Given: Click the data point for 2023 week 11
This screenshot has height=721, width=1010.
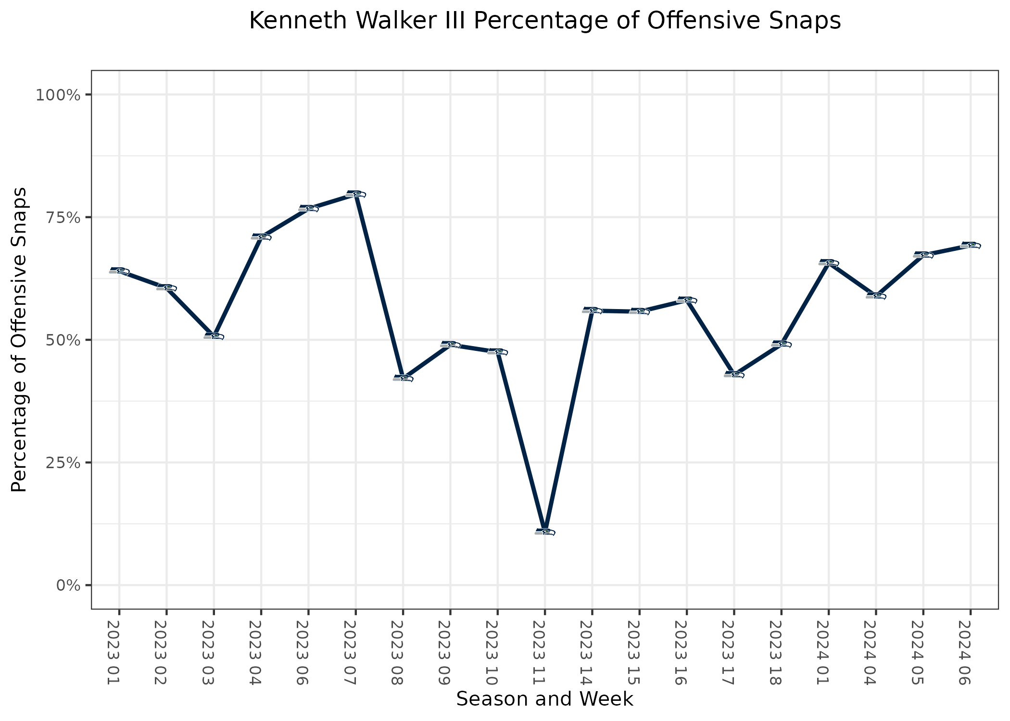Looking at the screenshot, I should pos(544,532).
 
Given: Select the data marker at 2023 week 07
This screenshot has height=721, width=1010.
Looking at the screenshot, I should pos(355,194).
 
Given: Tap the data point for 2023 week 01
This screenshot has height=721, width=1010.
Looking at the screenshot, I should pos(119,271).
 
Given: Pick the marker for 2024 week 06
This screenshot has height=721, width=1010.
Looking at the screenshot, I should pos(970,245).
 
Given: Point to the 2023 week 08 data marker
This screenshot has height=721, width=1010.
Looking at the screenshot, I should pos(403,378).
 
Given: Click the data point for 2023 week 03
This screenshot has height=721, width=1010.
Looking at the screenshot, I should pos(214,336).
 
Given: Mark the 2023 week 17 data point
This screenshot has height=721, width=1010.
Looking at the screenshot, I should pos(734,374).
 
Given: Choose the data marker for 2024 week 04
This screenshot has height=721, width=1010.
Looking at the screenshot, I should pos(876,296).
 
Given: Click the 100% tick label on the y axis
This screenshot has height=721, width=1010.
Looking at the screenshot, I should pos(57,95).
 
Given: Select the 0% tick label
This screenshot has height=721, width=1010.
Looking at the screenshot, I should pos(67,585).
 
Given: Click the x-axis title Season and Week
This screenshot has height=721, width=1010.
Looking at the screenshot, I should pos(544,699).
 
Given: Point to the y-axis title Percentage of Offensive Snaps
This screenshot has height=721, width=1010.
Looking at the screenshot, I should pos(19,340).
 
